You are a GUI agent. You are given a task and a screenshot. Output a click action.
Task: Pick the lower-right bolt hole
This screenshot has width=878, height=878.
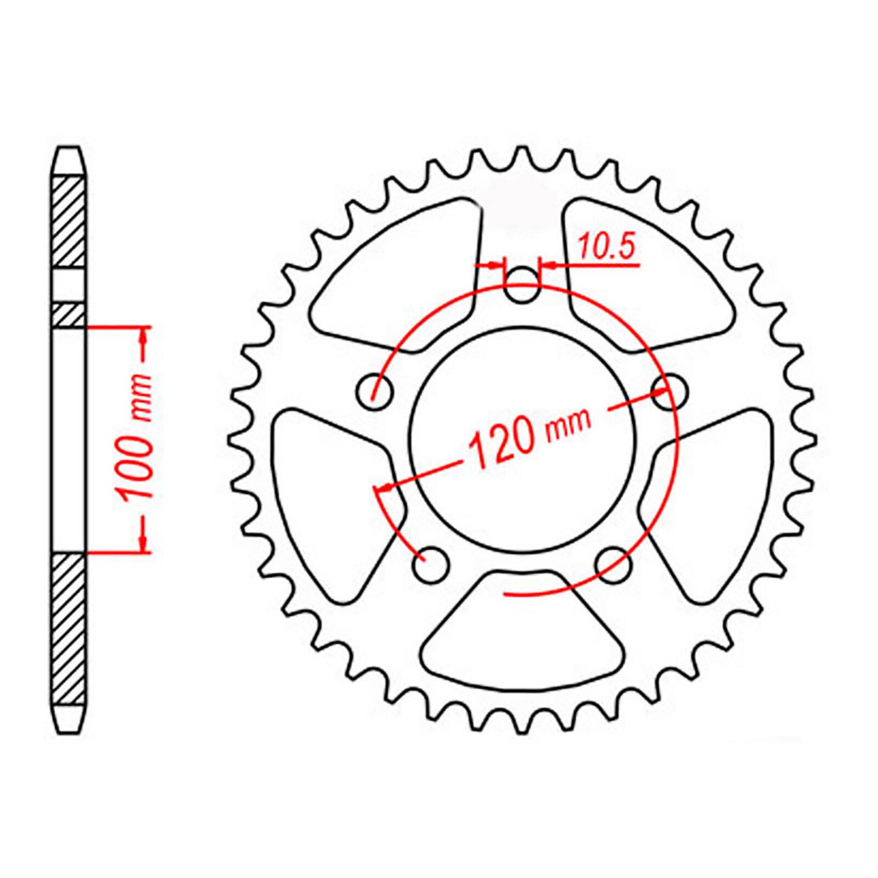click(614, 565)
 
